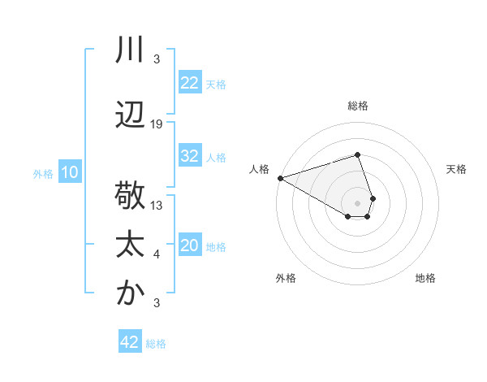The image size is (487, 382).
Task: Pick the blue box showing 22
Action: point(190,83)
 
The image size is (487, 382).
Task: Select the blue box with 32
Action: point(190,156)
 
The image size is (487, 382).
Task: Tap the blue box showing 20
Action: point(190,245)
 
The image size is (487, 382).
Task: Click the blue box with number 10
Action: point(69,172)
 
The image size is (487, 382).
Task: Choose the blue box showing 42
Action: point(130,342)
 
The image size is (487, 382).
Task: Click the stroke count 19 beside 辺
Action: point(157,124)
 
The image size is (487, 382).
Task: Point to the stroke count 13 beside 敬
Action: point(157,206)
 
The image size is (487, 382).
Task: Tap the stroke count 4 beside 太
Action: point(157,255)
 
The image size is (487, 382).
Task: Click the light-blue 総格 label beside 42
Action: point(156,344)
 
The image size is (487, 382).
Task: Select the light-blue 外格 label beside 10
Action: point(43,173)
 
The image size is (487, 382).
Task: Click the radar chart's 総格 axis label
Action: point(358,106)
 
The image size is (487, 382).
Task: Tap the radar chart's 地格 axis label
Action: point(425,279)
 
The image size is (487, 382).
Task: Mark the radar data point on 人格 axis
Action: point(280,177)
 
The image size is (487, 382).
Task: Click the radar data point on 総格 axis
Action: point(357,154)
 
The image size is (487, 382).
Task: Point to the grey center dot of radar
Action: point(357,202)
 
